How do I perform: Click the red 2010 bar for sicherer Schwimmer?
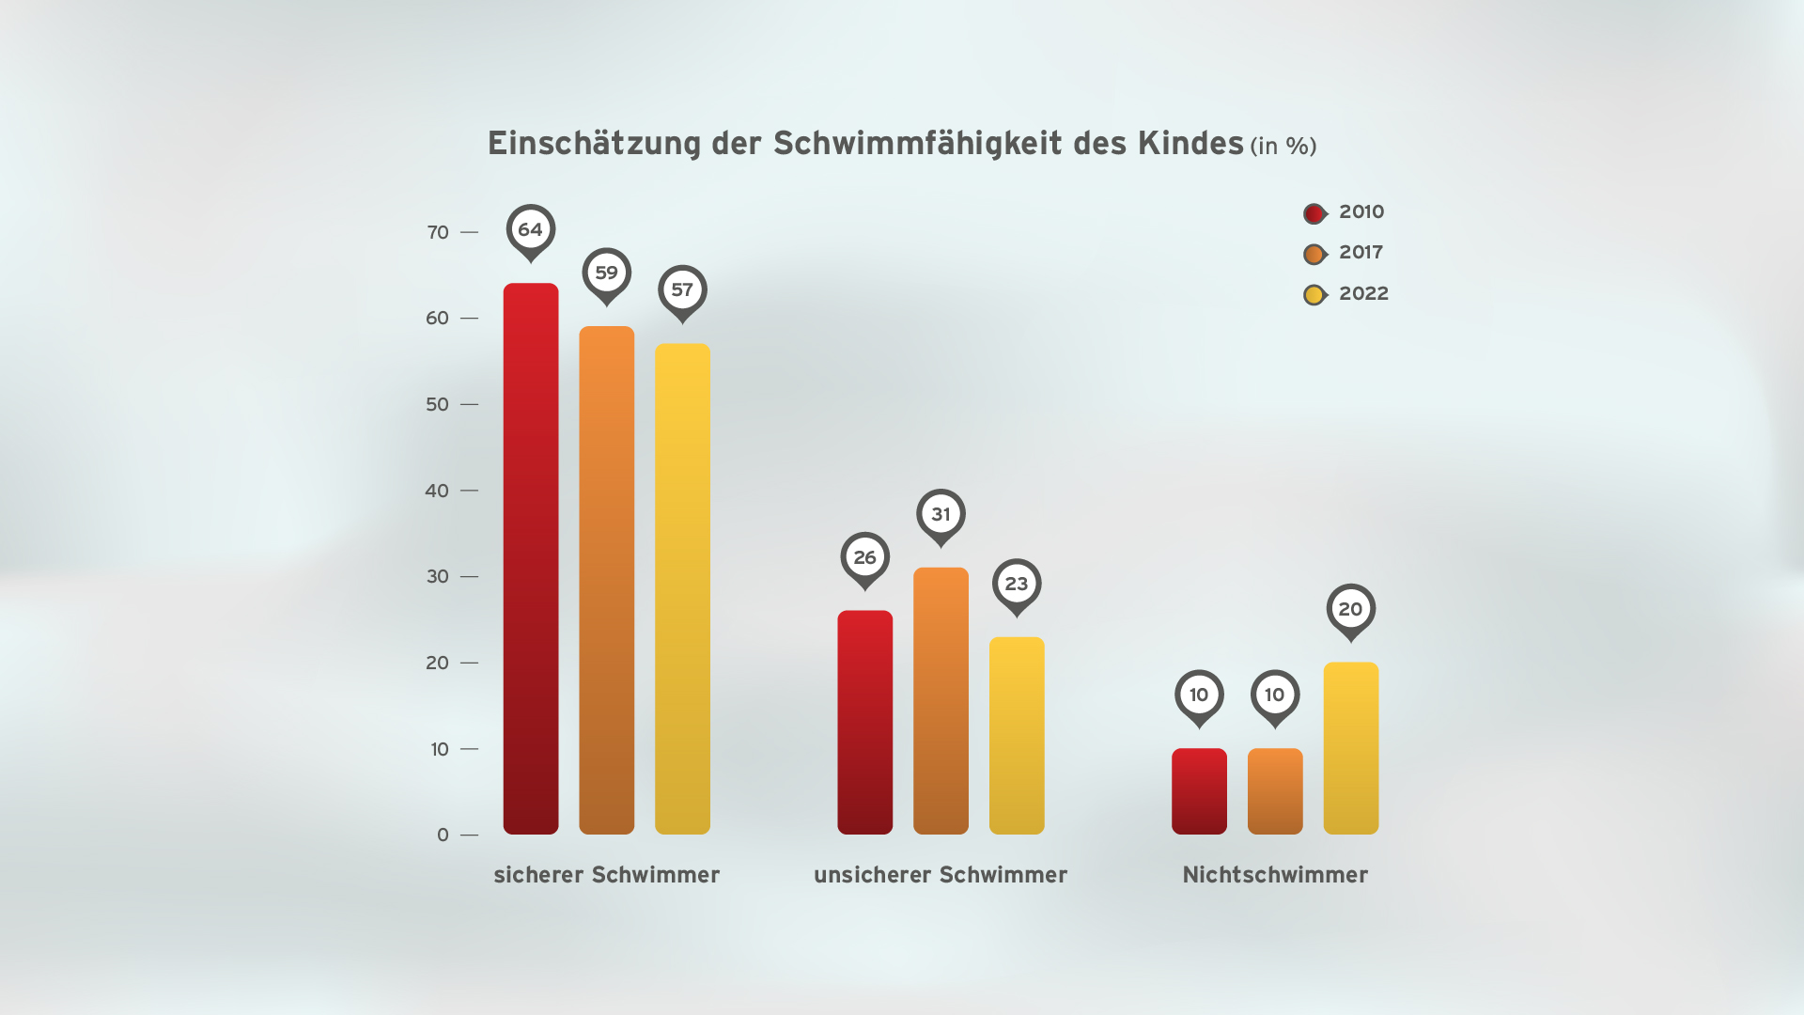pyautogui.click(x=531, y=558)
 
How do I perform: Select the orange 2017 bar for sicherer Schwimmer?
pyautogui.click(x=606, y=580)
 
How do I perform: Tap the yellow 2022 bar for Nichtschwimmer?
pyautogui.click(x=1350, y=748)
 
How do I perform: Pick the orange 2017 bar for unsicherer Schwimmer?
pyautogui.click(x=941, y=700)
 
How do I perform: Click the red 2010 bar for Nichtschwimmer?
pyautogui.click(x=1199, y=790)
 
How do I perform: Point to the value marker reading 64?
pyautogui.click(x=531, y=230)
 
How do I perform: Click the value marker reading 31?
pyautogui.click(x=941, y=515)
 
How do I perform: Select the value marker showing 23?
pyautogui.click(x=1017, y=585)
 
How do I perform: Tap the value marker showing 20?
pyautogui.click(x=1350, y=610)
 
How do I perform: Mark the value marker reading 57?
pyautogui.click(x=682, y=290)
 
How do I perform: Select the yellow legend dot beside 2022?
pyautogui.click(x=1314, y=295)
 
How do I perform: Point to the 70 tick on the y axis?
pyautogui.click(x=438, y=232)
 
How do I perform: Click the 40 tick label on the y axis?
pyautogui.click(x=437, y=491)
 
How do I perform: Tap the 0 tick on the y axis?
pyautogui.click(x=443, y=835)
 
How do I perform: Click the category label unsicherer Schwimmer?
pyautogui.click(x=941, y=875)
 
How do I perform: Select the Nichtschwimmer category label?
pyautogui.click(x=1275, y=875)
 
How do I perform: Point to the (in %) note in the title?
pyautogui.click(x=1283, y=147)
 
